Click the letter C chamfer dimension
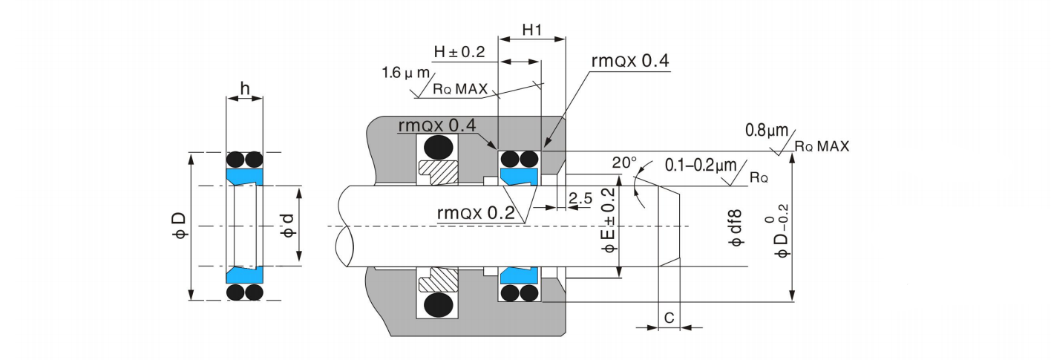[669, 318]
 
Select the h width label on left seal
[244, 88]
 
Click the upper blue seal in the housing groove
[519, 177]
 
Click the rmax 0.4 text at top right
[630, 61]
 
